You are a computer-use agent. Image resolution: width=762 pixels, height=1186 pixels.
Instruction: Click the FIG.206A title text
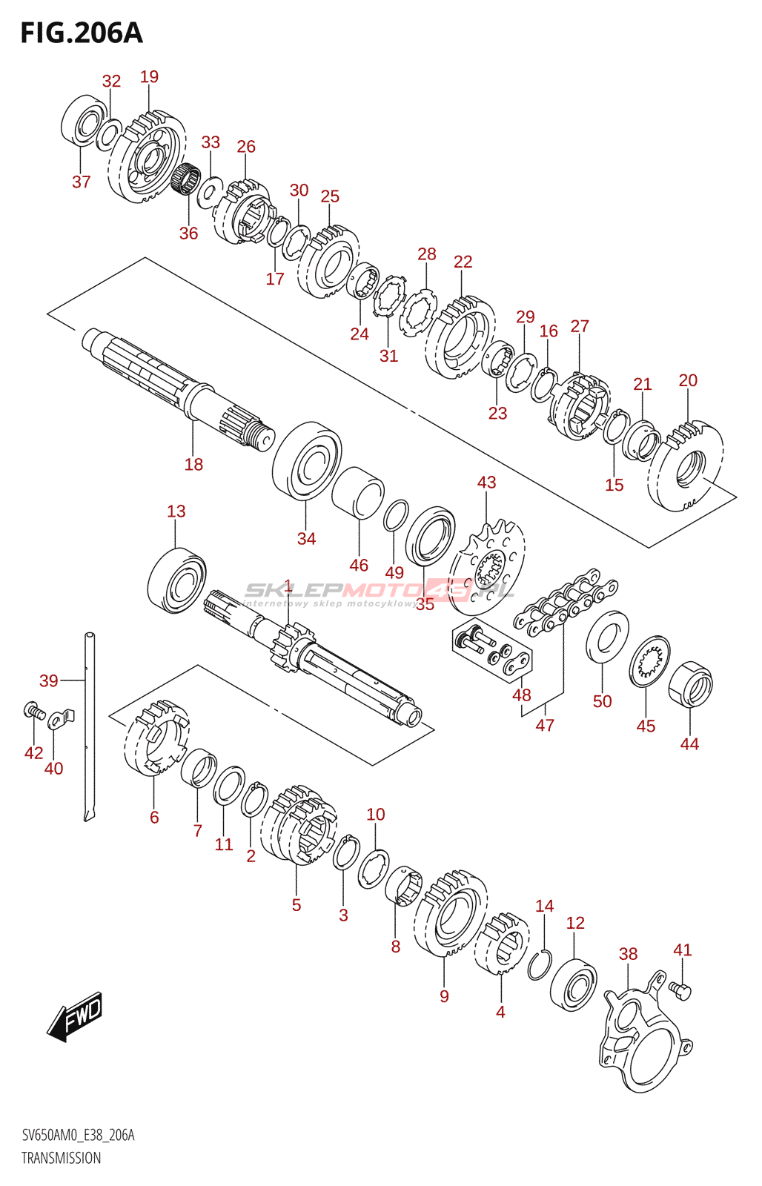pyautogui.click(x=81, y=33)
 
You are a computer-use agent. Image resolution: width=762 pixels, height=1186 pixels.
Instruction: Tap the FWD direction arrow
pyautogui.click(x=75, y=1015)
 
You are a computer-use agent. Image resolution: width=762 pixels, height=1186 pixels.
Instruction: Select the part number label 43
pyautogui.click(x=486, y=483)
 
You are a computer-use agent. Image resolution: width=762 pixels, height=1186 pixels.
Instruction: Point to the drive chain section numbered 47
pyautogui.click(x=567, y=600)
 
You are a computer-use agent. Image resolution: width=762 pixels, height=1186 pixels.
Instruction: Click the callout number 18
pyautogui.click(x=193, y=465)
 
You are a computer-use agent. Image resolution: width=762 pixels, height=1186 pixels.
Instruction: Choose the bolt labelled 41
pyautogui.click(x=680, y=990)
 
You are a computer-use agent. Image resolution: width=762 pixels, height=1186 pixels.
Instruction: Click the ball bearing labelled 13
pyautogui.click(x=176, y=580)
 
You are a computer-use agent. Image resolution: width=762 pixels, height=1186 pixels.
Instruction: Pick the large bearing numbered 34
pyautogui.click(x=307, y=460)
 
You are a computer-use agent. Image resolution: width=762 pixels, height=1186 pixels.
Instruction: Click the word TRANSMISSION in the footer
pyautogui.click(x=61, y=1158)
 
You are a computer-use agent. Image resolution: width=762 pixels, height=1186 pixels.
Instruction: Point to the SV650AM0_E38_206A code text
pyautogui.click(x=78, y=1135)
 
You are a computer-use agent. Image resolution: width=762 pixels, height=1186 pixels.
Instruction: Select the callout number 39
pyautogui.click(x=49, y=680)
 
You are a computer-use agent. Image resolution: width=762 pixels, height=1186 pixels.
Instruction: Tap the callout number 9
pyautogui.click(x=444, y=996)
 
